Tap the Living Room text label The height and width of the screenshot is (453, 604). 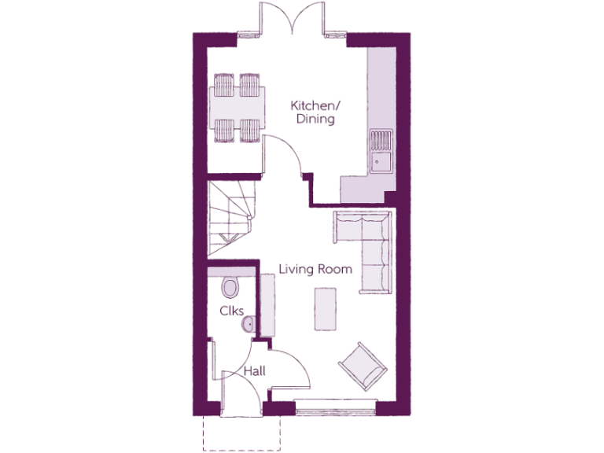click(x=315, y=269)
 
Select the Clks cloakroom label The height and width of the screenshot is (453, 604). click(x=230, y=311)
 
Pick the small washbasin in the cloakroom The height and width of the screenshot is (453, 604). click(x=249, y=322)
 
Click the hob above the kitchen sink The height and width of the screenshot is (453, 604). click(x=381, y=139)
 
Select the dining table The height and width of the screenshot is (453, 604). click(x=238, y=106)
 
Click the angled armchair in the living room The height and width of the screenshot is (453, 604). click(x=363, y=366)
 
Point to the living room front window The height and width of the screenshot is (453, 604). click(x=335, y=407)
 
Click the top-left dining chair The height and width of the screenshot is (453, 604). click(x=224, y=83)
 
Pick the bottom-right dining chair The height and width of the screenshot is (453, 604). click(x=249, y=130)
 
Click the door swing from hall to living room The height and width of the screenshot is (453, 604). click(x=289, y=366)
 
